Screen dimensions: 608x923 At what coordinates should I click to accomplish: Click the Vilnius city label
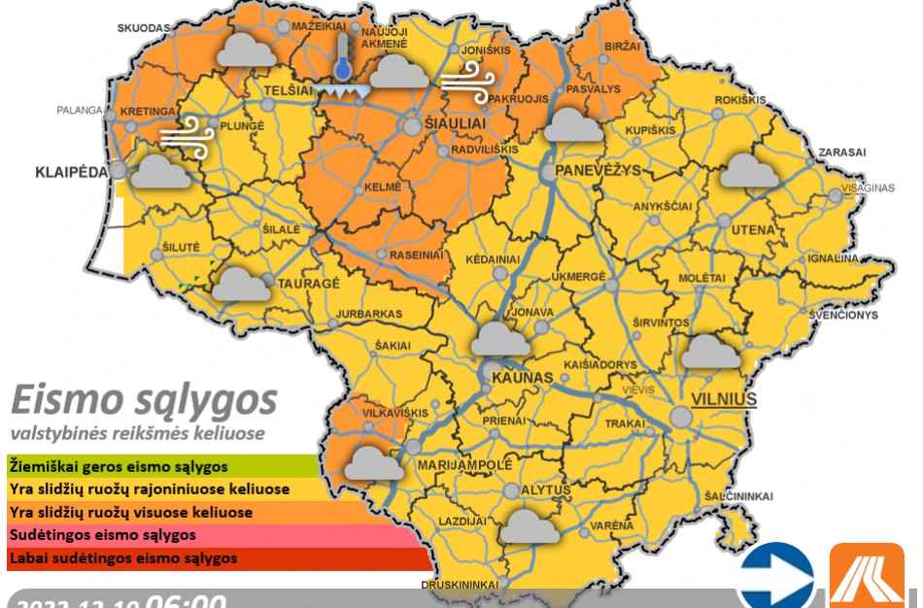coord(723,399)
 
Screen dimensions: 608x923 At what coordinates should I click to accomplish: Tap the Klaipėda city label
coord(70,173)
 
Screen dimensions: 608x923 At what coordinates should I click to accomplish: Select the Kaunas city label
coord(522,377)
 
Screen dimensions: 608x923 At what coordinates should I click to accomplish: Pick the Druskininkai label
coord(460,585)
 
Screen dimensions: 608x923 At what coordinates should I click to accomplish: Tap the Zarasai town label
coord(841,152)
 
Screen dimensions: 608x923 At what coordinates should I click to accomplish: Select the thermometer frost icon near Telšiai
coord(342,70)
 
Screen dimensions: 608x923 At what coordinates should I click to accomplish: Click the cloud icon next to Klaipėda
coord(160,173)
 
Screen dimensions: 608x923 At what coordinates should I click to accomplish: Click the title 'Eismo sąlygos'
coord(144,400)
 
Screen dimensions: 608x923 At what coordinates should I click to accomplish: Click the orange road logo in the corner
coord(866,577)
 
